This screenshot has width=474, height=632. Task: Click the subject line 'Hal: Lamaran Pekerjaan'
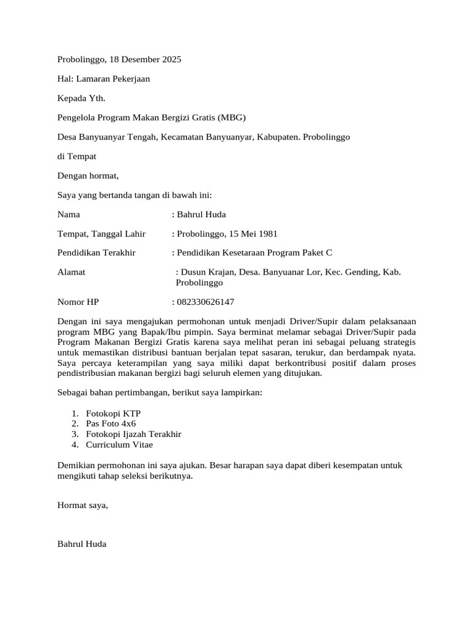click(x=103, y=79)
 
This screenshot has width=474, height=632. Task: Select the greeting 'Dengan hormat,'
click(x=88, y=176)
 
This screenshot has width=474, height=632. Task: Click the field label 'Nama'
click(x=69, y=215)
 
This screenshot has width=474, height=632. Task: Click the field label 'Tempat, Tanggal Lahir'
click(x=101, y=234)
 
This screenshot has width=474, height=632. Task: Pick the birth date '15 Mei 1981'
click(x=253, y=234)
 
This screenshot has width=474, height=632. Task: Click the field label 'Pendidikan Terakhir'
click(x=96, y=253)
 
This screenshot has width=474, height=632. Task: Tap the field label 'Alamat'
click(x=71, y=272)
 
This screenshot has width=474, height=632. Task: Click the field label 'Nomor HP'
click(x=78, y=302)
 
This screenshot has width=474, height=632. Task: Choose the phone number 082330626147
click(x=206, y=302)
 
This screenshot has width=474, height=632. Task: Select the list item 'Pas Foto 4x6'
click(x=111, y=423)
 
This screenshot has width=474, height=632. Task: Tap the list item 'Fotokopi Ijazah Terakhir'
click(x=134, y=434)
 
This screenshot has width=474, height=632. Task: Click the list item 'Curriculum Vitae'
click(x=119, y=444)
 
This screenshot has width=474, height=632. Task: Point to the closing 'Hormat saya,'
click(x=82, y=505)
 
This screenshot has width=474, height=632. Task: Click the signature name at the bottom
click(x=81, y=544)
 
